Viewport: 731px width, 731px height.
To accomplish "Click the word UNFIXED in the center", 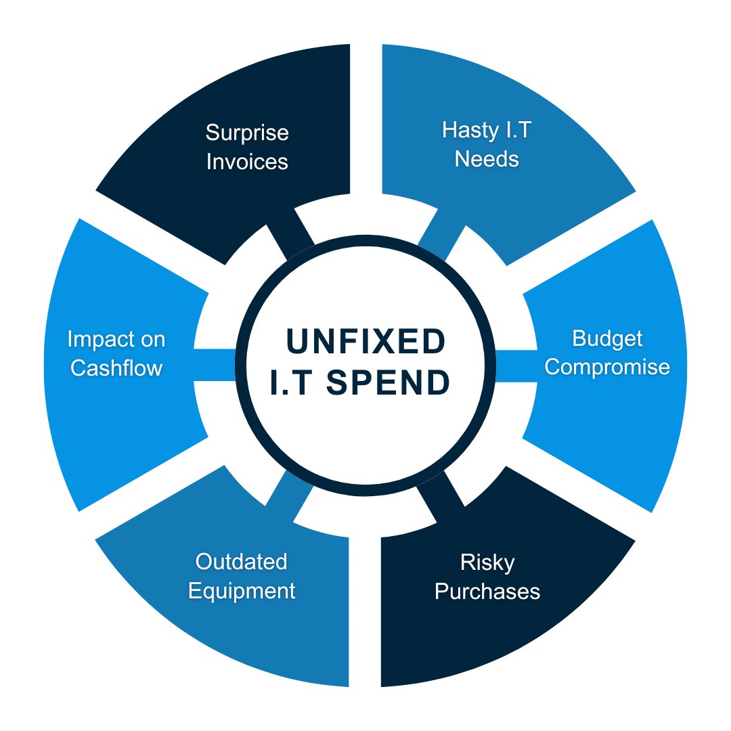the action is [x=365, y=340].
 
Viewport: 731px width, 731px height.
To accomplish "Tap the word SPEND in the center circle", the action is [x=388, y=382].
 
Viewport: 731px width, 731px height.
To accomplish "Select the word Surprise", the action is [x=247, y=133].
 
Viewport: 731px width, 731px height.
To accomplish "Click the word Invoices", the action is [x=247, y=162].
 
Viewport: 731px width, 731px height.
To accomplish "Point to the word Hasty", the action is [x=470, y=131].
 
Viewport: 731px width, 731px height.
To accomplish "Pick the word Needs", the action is [x=487, y=160].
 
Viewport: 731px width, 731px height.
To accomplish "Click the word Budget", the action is [x=607, y=339].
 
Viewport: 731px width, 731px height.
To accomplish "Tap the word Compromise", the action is [x=607, y=368].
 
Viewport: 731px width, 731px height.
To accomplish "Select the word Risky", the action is [x=487, y=563].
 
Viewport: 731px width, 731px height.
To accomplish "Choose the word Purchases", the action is [x=487, y=591].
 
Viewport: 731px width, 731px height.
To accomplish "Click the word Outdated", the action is [x=241, y=562].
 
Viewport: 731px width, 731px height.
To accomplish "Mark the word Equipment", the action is [x=242, y=592].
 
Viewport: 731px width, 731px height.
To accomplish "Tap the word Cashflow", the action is [x=116, y=368].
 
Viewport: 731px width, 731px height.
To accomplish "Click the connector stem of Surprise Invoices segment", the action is [x=290, y=234].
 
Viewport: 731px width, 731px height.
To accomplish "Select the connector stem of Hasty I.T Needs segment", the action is [x=441, y=235].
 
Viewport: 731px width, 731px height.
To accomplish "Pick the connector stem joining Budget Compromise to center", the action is [x=516, y=366].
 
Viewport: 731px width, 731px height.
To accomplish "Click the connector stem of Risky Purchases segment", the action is [x=441, y=497].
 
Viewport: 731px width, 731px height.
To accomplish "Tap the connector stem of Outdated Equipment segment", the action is [x=290, y=496].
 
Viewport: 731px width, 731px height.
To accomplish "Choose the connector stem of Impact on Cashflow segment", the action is [x=215, y=365].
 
